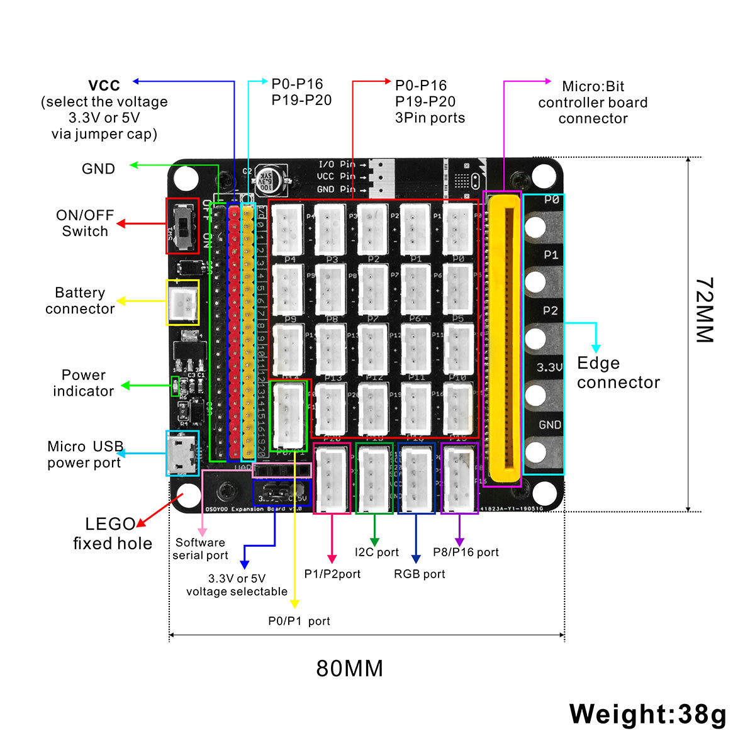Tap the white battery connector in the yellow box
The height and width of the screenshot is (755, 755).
[182, 303]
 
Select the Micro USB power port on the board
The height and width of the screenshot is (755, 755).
[182, 454]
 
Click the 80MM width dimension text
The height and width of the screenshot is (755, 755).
[349, 668]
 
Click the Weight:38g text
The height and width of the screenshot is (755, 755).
[647, 714]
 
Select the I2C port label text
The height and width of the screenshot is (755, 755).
[376, 552]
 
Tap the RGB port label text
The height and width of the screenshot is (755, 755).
[419, 574]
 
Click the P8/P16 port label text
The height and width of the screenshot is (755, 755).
[466, 552]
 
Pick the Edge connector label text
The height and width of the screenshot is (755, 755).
[617, 372]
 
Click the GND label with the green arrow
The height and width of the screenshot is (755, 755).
[98, 169]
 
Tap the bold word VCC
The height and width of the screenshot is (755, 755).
[104, 86]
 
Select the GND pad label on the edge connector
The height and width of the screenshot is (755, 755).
[549, 425]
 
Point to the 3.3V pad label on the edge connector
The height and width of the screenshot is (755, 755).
[549, 367]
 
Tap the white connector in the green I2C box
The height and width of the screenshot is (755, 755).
[374, 479]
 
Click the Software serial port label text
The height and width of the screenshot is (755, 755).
[200, 549]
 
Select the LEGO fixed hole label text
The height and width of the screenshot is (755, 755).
[112, 534]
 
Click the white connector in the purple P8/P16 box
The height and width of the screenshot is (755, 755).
[459, 479]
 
